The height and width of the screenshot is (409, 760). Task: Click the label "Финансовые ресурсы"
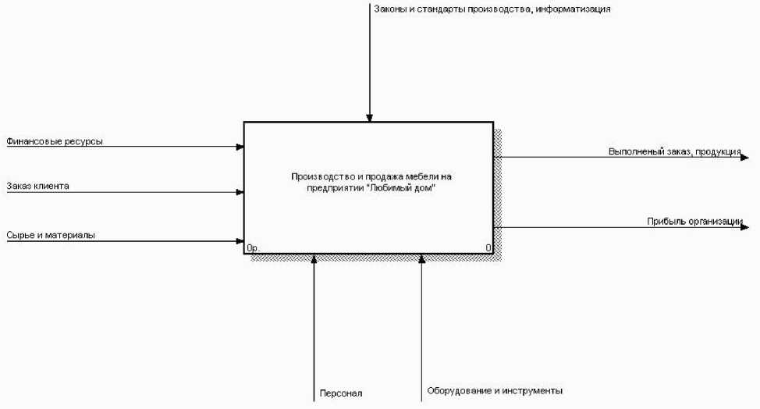55,141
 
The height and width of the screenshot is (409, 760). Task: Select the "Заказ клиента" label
37,187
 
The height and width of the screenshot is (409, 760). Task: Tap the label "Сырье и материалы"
51,235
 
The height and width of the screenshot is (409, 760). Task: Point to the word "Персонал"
341,393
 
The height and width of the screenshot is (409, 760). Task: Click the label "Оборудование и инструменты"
495,390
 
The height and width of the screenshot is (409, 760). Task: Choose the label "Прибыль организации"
694,221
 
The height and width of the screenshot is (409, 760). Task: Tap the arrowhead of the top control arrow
370,118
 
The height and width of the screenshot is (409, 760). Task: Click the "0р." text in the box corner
253,248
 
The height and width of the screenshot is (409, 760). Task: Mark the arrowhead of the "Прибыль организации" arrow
745,227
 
